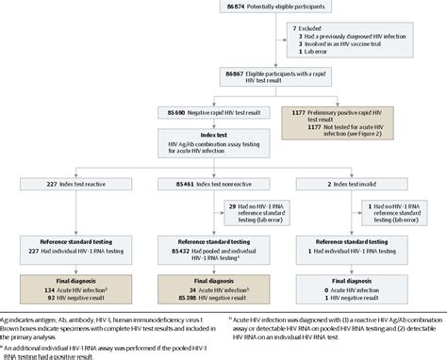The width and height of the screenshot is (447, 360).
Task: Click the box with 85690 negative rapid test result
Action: click(205, 112)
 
